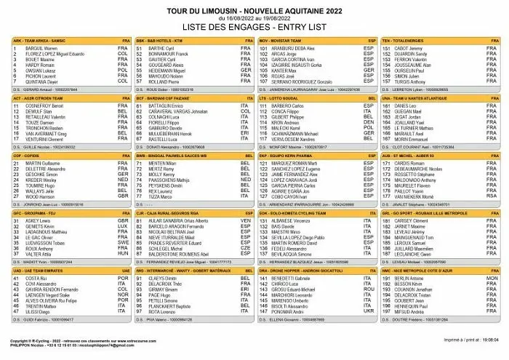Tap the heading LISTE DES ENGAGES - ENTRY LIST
coord(254,26)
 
